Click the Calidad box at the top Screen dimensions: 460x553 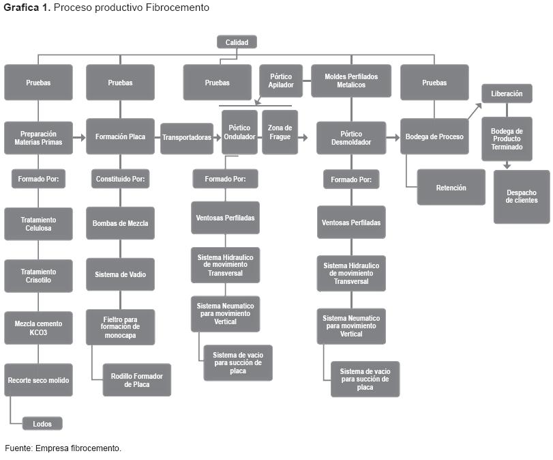point(237,42)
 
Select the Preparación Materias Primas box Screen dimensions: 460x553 point(38,137)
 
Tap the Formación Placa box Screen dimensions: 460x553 point(120,136)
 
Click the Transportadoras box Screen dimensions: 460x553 point(186,137)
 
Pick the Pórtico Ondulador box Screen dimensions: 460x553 point(239,132)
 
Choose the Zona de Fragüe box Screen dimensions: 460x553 point(280,132)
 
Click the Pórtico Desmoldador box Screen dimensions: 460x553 point(351,137)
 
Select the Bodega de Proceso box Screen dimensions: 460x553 point(434,136)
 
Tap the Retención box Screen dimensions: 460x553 point(451,187)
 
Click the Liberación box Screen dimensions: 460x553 point(507,94)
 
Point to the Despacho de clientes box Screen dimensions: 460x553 point(522,197)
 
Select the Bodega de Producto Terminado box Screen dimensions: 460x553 point(507,139)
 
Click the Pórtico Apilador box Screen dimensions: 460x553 point(281,81)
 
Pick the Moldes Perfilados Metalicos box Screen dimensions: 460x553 point(351,81)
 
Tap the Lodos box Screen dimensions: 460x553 point(42,423)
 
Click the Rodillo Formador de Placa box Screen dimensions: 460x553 point(136,380)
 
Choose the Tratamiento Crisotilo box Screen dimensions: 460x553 point(38,276)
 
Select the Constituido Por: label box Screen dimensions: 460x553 point(120,179)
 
